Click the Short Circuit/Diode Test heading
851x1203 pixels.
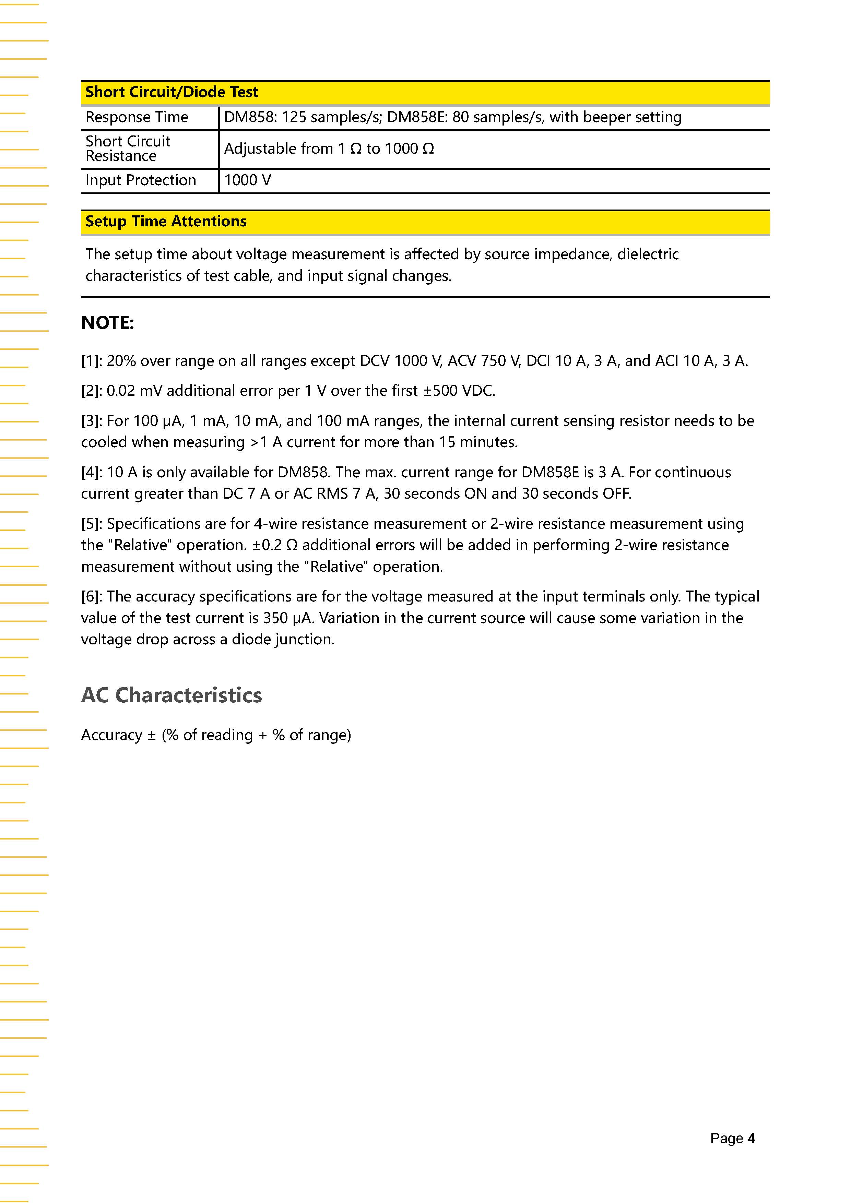click(x=172, y=92)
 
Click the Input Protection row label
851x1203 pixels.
click(x=140, y=180)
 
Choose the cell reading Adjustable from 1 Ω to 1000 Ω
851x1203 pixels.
click(x=329, y=149)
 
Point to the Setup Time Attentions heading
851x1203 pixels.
click(x=166, y=222)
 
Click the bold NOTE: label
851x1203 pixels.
click(x=107, y=323)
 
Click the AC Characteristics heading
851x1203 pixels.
click(x=172, y=695)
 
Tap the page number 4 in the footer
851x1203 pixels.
click(x=752, y=1139)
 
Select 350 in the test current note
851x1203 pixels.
click(x=276, y=618)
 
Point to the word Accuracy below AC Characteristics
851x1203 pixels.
click(x=111, y=735)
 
